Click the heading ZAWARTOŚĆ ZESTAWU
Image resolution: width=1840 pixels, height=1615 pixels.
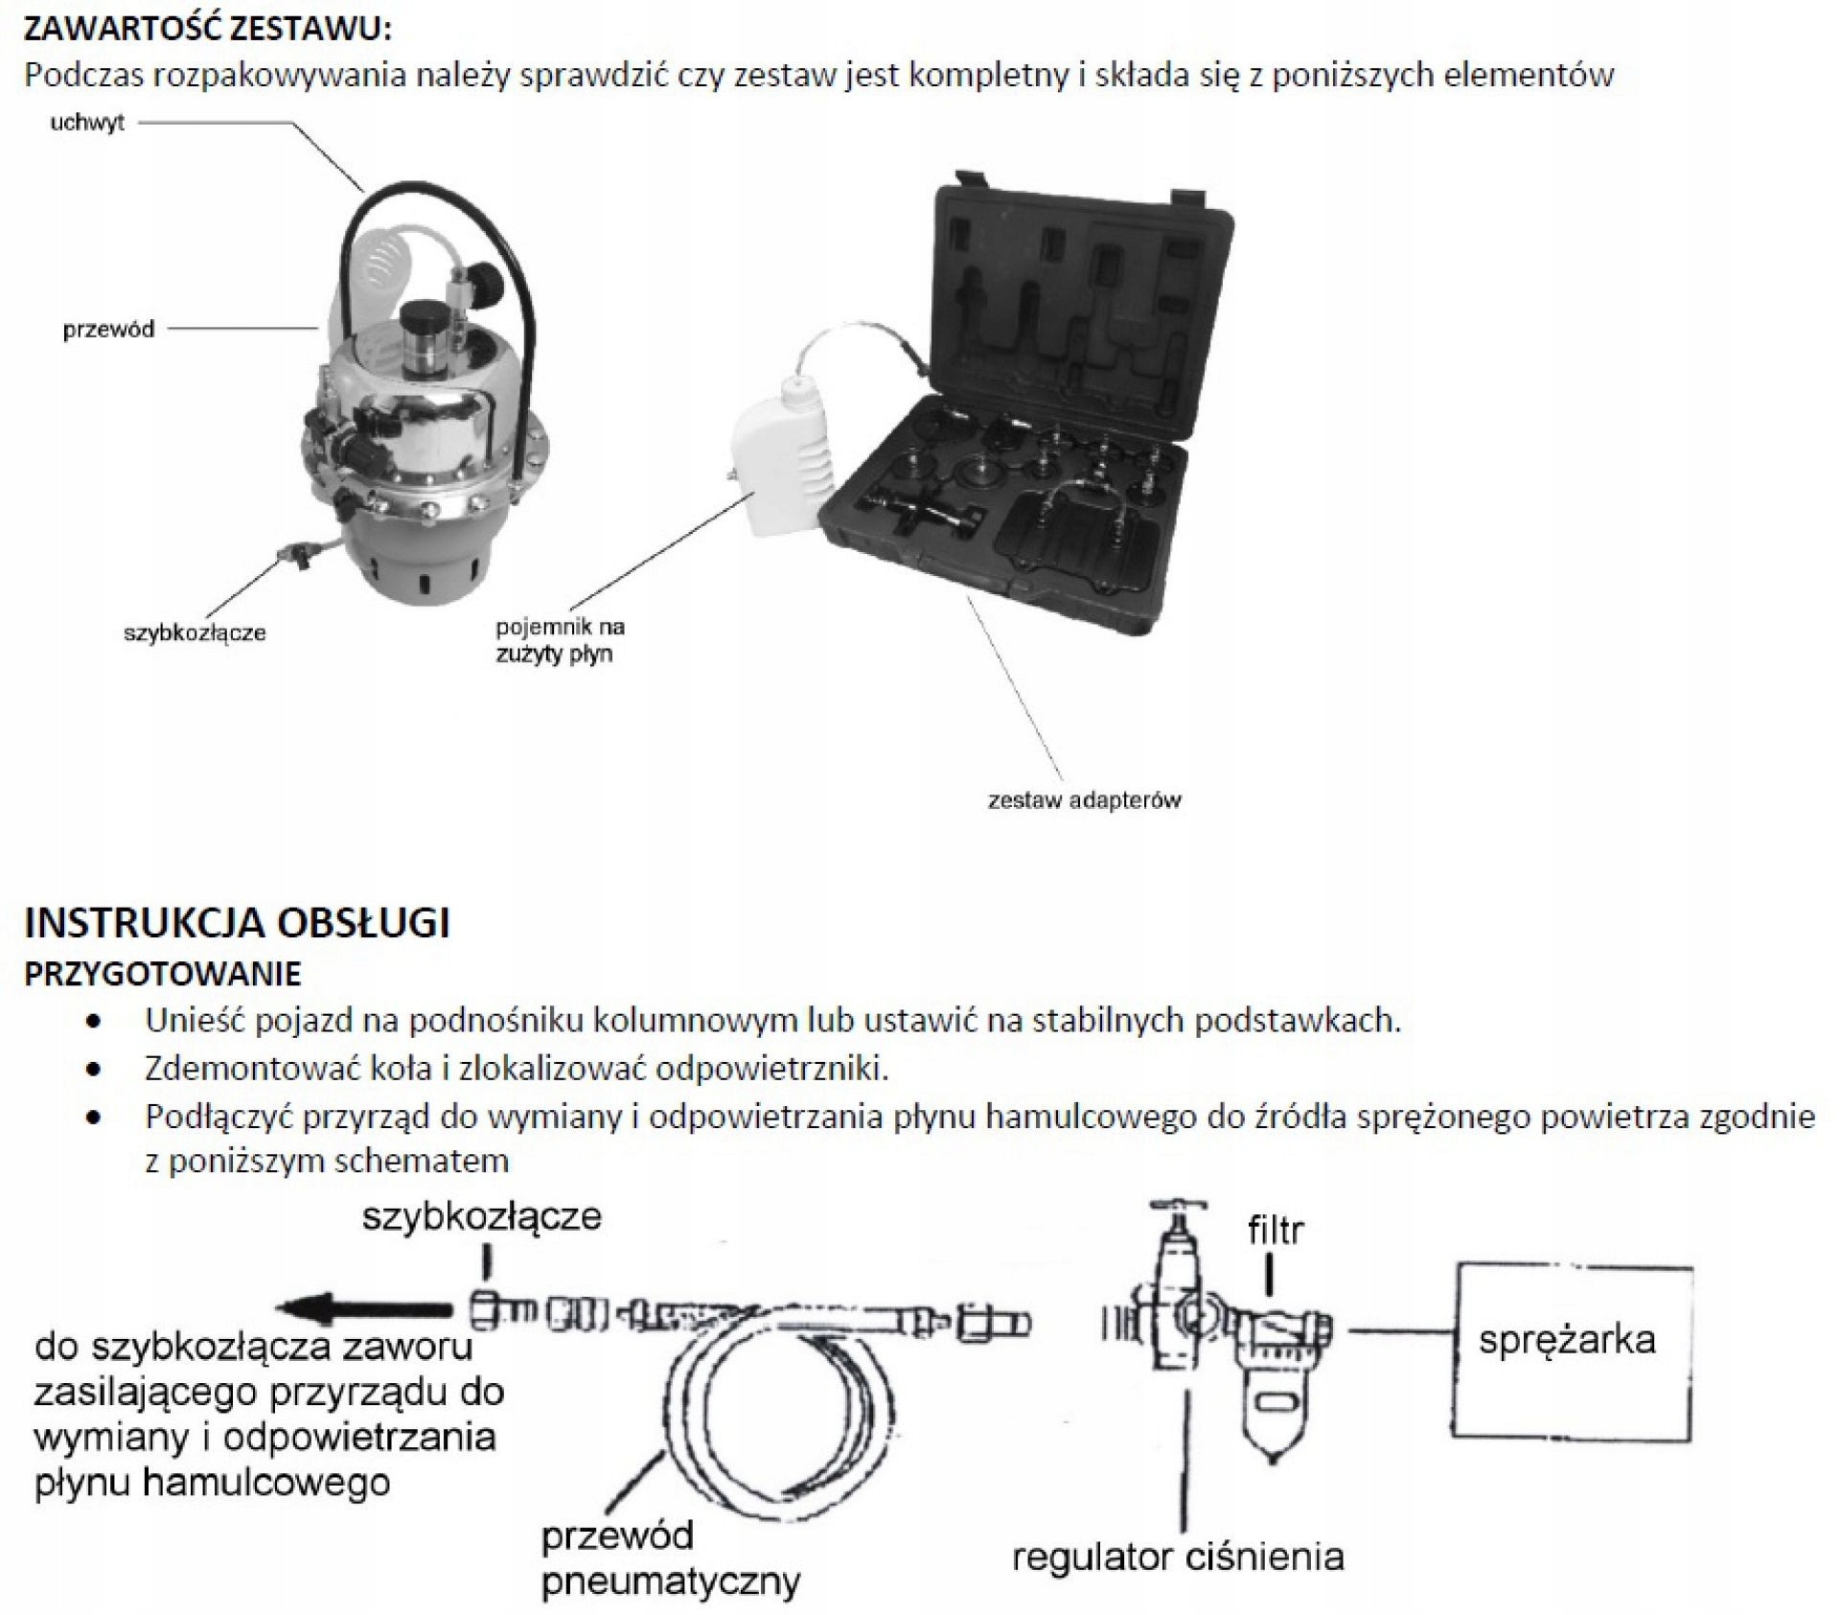pos(207,29)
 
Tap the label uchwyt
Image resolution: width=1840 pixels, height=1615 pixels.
pos(87,124)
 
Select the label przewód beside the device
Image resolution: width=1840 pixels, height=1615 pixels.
pos(108,330)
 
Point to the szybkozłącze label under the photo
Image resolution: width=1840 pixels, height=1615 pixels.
pos(195,633)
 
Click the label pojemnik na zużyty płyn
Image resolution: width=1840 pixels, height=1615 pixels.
pos(560,641)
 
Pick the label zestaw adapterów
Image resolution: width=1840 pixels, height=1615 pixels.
pos(1084,799)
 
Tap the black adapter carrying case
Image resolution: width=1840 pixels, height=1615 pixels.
pos(1035,403)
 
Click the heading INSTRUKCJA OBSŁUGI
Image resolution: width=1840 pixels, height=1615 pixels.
pos(237,922)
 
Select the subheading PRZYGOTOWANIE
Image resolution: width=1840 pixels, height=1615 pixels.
pos(162,974)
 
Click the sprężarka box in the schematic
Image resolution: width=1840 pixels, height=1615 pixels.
pos(1572,1339)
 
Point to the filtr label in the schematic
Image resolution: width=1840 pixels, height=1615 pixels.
pos(1276,1230)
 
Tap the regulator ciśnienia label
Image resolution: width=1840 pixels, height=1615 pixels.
pos(1178,1557)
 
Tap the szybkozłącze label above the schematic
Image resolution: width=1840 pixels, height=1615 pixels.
pos(481,1216)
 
